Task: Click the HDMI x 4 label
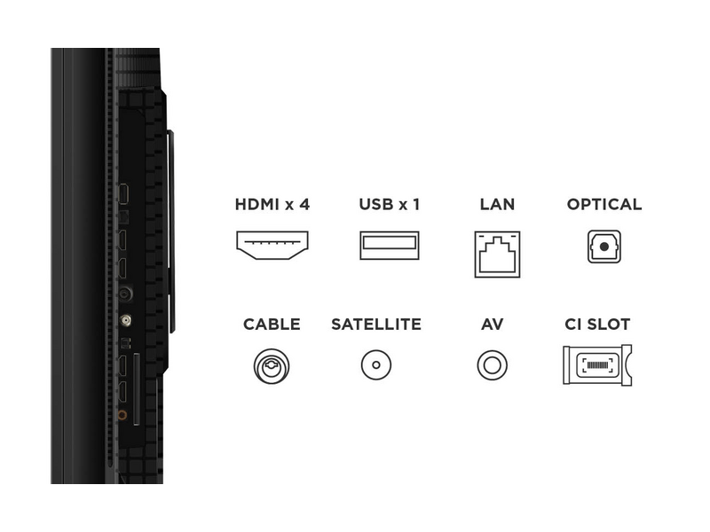click(x=272, y=204)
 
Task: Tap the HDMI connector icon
click(x=272, y=245)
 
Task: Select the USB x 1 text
click(x=389, y=204)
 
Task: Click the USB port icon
click(x=389, y=245)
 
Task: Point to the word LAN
click(x=497, y=204)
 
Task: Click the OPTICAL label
click(x=604, y=204)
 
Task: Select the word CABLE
click(x=272, y=325)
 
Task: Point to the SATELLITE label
click(x=376, y=325)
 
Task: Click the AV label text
click(x=493, y=325)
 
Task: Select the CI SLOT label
click(x=597, y=325)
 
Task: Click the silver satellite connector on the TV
click(x=125, y=322)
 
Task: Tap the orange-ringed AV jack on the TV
click(x=123, y=414)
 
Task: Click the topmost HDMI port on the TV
click(x=125, y=193)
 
